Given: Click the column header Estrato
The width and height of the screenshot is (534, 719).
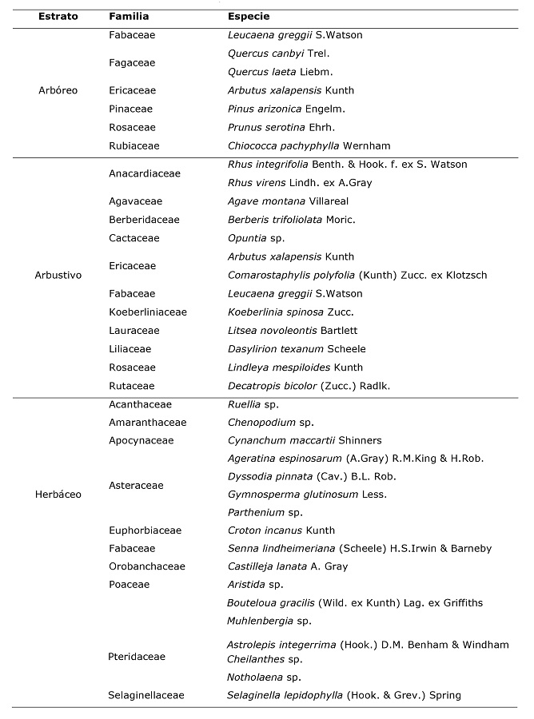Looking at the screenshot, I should click(58, 16).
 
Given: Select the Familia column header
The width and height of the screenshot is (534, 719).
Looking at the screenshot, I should click(129, 16).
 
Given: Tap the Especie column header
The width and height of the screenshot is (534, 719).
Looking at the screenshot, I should click(249, 16).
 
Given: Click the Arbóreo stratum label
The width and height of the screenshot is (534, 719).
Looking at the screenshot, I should click(58, 90).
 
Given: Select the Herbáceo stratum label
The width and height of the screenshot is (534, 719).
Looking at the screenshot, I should click(58, 494).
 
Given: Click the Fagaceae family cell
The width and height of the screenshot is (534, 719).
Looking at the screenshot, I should click(132, 62).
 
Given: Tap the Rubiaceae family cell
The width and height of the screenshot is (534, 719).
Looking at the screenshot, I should click(134, 145).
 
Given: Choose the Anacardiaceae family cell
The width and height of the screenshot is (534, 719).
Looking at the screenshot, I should click(144, 173).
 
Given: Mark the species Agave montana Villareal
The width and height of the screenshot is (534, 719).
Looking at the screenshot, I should click(283, 201).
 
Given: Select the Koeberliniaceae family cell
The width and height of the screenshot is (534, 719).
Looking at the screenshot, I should click(147, 312).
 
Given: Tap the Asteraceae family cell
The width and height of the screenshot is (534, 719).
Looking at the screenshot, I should click(136, 485).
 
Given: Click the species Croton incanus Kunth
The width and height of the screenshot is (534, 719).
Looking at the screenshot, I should click(281, 530).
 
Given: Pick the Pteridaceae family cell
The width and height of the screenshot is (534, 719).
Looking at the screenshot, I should click(137, 657).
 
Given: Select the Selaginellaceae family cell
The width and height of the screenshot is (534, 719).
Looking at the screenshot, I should click(146, 695).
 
